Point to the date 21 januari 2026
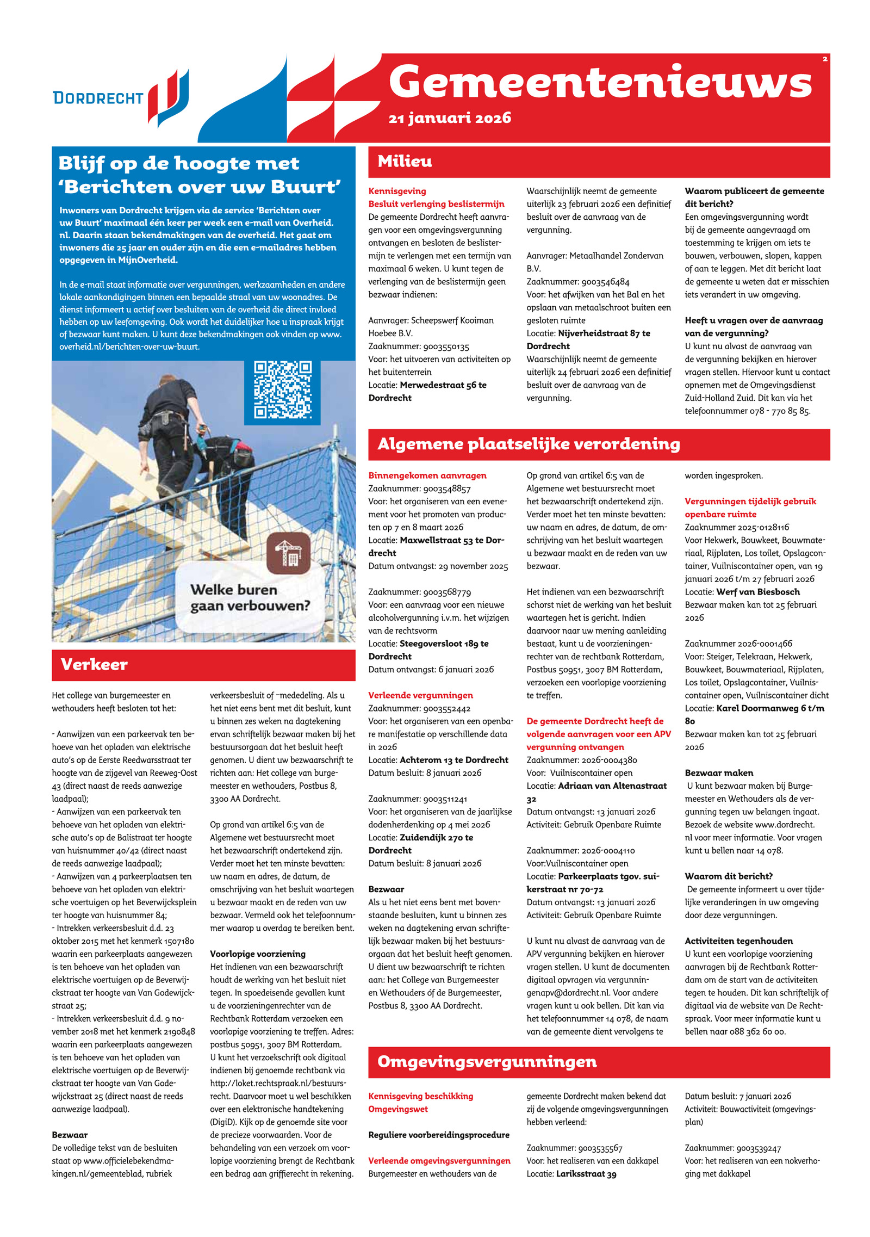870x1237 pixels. [x=450, y=118]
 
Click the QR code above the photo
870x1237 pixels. [x=282, y=389]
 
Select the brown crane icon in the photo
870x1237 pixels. [x=288, y=553]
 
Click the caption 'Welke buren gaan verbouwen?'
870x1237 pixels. [x=250, y=597]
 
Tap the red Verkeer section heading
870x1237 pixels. [x=94, y=664]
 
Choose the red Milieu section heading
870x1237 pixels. [x=405, y=162]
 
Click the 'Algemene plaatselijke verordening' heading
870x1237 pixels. [x=529, y=444]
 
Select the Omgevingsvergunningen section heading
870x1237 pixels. [x=487, y=1061]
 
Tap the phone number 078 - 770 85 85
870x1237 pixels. [x=780, y=411]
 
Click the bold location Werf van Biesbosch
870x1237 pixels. [x=758, y=592]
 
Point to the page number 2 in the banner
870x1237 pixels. [x=825, y=59]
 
